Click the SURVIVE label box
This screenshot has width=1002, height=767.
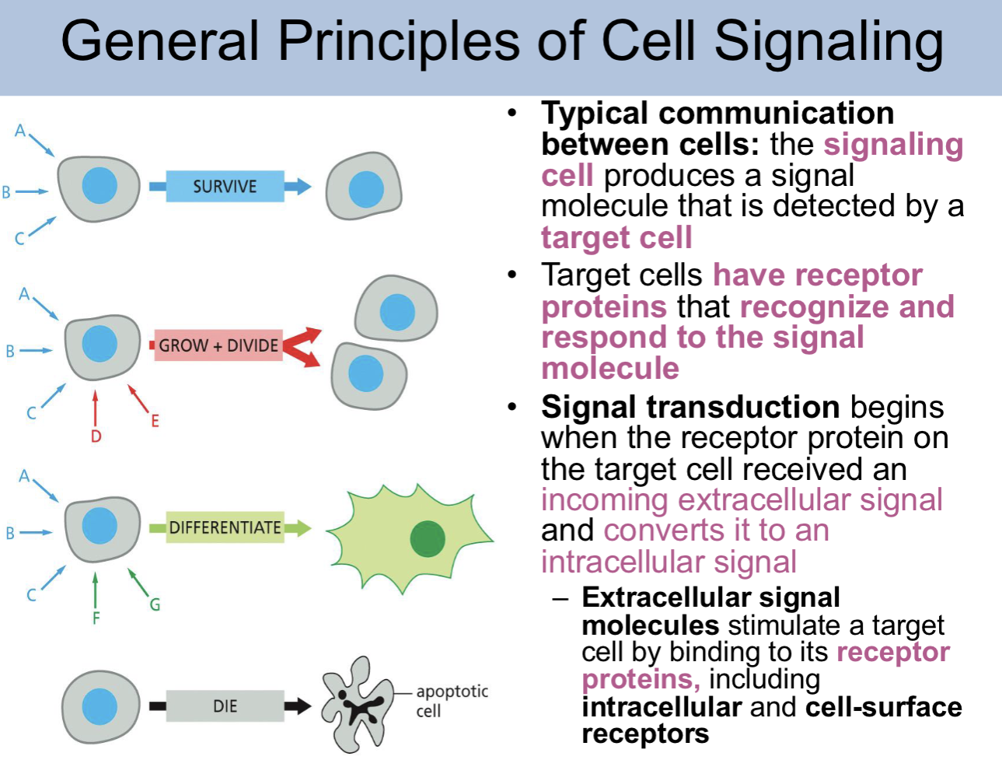[225, 187]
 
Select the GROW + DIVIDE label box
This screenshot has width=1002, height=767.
[218, 345]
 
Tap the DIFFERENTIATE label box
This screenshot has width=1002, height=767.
[225, 527]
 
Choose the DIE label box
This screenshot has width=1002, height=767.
[225, 706]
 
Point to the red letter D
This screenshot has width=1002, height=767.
[96, 436]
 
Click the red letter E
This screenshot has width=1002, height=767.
[155, 422]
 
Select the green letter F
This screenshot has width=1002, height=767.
[96, 618]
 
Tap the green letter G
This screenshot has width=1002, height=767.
[155, 604]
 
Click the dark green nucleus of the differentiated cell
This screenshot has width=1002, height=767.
[427, 539]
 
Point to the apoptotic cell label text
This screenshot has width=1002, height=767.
[451, 700]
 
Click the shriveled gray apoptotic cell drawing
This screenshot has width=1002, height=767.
[358, 705]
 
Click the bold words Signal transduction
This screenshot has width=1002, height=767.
[690, 407]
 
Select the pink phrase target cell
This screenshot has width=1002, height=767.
[616, 237]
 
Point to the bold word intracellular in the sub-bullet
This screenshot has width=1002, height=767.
[662, 707]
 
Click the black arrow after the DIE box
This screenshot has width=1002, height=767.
[297, 706]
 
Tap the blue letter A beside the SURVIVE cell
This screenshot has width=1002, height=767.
[20, 131]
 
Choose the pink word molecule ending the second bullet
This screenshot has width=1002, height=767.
[610, 368]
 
